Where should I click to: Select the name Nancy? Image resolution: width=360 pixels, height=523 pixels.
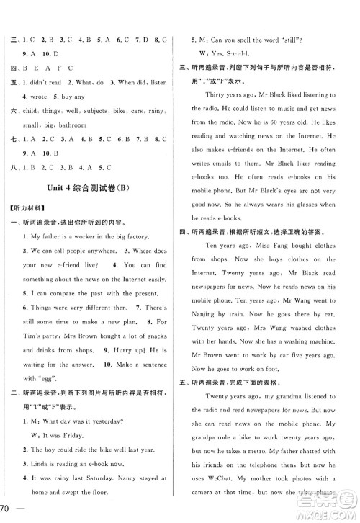(120, 478)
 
